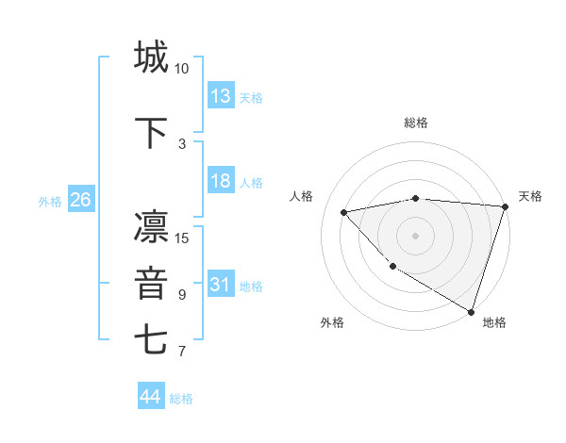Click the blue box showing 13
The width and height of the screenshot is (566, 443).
click(221, 97)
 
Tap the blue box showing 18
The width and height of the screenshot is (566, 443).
click(221, 182)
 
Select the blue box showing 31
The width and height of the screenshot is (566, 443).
click(221, 286)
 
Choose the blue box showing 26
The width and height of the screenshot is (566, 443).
click(80, 201)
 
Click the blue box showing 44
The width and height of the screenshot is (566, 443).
click(151, 398)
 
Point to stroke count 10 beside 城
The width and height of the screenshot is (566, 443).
click(182, 69)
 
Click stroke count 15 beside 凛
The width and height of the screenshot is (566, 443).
click(182, 238)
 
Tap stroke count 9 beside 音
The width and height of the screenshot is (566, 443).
click(182, 295)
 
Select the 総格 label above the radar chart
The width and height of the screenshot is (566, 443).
click(416, 123)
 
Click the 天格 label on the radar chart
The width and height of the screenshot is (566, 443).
click(530, 196)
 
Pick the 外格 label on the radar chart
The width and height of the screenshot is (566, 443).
click(332, 322)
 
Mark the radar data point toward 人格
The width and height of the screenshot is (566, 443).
click(344, 212)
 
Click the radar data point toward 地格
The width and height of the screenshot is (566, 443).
click(471, 310)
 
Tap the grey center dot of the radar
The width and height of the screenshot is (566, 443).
click(416, 235)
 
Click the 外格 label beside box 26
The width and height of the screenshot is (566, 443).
click(49, 202)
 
